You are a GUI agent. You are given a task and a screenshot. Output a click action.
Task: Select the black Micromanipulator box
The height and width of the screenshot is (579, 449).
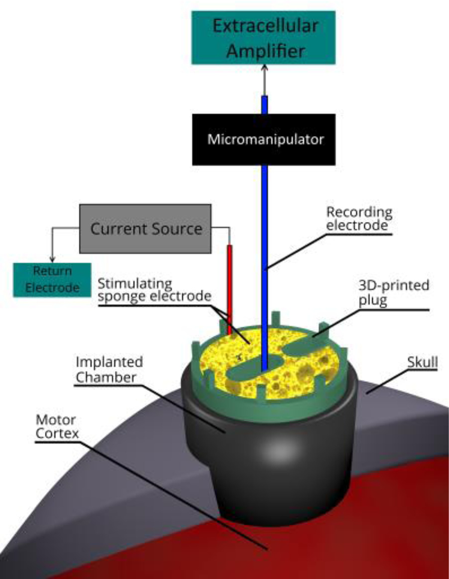(x=265, y=139)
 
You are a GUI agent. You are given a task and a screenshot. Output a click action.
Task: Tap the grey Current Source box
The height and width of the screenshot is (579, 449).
(x=146, y=229)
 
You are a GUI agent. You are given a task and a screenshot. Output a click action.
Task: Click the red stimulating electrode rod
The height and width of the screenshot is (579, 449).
(x=229, y=284)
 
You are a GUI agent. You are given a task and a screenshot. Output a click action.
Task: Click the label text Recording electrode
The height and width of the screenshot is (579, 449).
(x=359, y=219)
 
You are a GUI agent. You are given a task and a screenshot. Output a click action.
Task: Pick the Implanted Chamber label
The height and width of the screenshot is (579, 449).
(x=109, y=369)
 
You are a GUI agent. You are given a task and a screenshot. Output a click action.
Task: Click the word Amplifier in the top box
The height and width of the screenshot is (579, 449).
(x=265, y=51)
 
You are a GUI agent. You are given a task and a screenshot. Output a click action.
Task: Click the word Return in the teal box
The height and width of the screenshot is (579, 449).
(x=53, y=272)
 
